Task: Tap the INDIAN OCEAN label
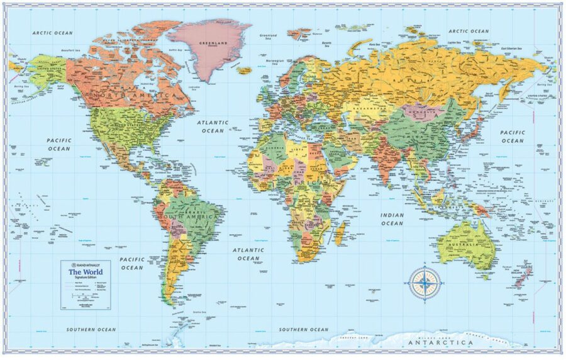392,219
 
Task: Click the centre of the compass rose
425,282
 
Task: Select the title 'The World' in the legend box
86,272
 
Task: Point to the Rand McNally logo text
87,265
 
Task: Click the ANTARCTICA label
440,343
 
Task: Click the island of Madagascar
340,234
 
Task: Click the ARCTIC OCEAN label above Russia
468,31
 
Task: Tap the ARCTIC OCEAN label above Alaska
53,33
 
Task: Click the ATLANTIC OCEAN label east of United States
213,127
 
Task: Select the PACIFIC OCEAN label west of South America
132,263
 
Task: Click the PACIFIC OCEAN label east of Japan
512,137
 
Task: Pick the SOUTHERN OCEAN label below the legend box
92,329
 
